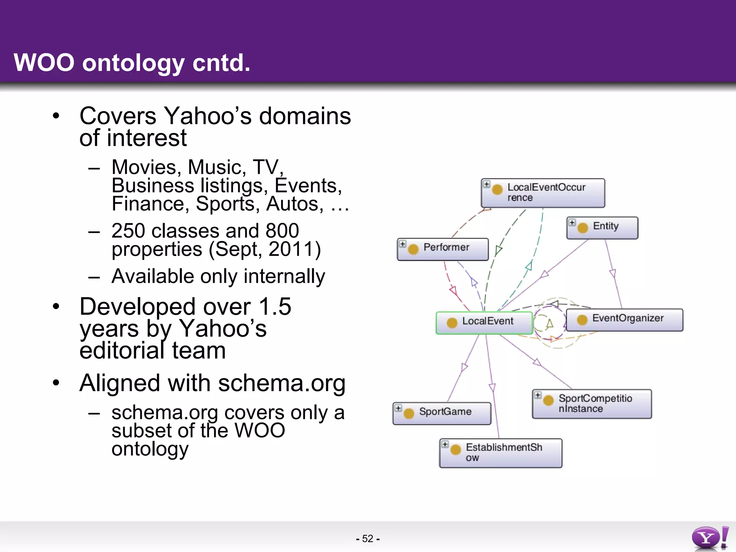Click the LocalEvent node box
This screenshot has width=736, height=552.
tap(484, 322)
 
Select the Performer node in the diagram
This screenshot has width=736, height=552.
tap(443, 249)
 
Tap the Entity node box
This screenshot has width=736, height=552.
tap(602, 227)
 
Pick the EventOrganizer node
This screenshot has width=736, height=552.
tap(625, 319)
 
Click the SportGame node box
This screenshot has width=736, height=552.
tap(442, 413)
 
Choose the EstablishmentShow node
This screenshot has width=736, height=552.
tap(501, 453)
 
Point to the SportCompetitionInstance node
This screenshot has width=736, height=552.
tap(592, 404)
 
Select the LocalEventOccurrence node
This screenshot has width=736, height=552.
tap(543, 193)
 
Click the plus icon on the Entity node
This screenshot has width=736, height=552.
tap(572, 222)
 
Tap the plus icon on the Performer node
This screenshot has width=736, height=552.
tap(402, 244)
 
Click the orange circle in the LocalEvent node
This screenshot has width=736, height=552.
tap(452, 323)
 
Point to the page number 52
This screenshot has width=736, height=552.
tap(368, 538)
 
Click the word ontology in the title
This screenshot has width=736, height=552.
tap(133, 63)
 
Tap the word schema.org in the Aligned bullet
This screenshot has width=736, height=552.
tap(281, 383)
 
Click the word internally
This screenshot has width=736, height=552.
tap(284, 276)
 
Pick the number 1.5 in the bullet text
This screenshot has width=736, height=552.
tap(275, 307)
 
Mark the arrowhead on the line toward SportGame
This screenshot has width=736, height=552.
tap(464, 368)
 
